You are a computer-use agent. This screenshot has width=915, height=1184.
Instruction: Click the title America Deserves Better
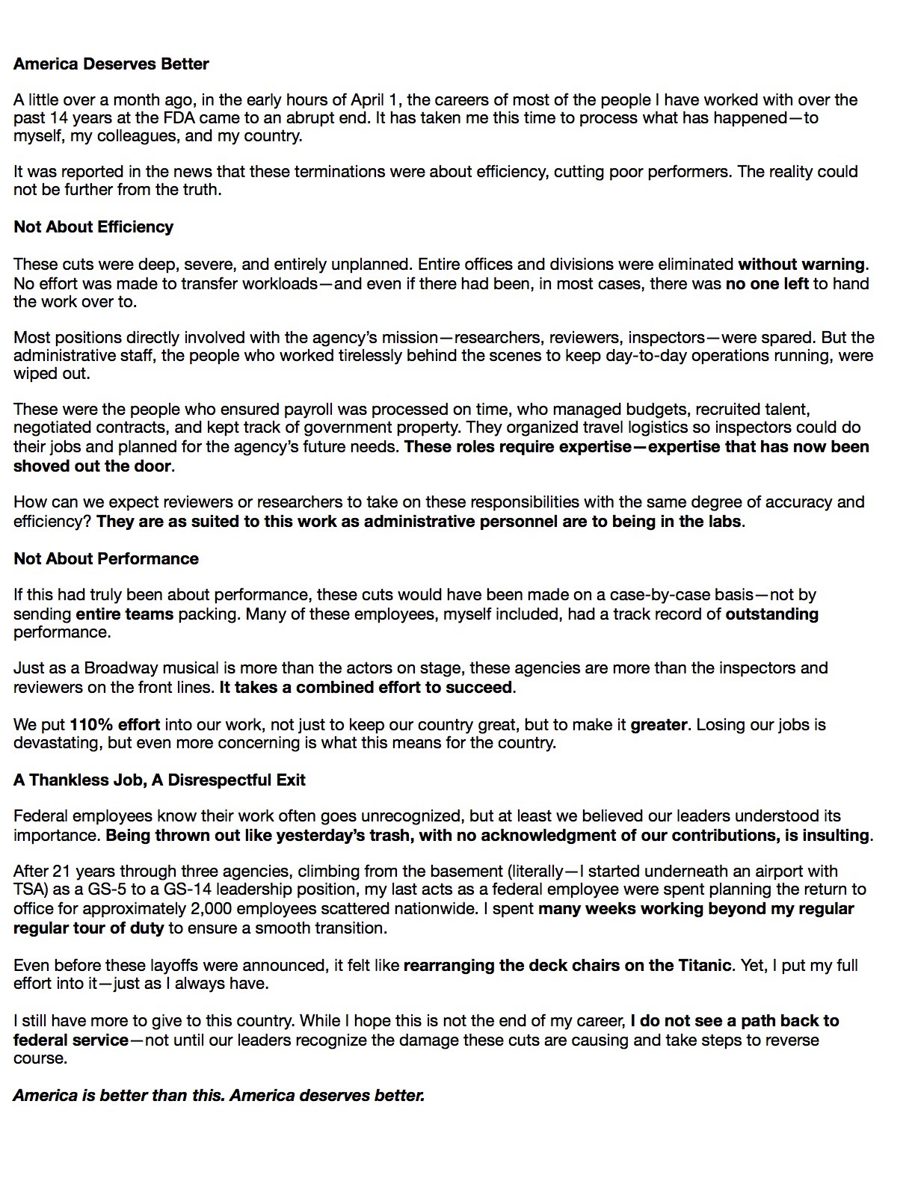click(x=111, y=64)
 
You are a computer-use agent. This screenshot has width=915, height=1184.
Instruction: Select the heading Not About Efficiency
click(x=93, y=227)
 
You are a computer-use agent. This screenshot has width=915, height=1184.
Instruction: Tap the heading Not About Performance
click(x=106, y=559)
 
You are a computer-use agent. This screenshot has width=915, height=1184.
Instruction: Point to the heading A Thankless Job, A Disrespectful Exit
click(x=159, y=780)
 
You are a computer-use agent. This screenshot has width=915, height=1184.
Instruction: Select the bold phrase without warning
click(x=801, y=265)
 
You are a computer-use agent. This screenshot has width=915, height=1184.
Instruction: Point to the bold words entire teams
click(x=125, y=614)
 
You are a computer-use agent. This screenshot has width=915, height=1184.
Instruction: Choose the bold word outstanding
click(x=771, y=614)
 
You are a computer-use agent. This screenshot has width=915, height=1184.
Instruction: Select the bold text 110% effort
click(x=114, y=725)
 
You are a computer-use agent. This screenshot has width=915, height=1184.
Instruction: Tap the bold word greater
click(x=659, y=725)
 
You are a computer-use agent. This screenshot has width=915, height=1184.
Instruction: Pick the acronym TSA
click(x=28, y=890)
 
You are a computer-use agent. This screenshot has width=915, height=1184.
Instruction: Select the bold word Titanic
click(x=703, y=966)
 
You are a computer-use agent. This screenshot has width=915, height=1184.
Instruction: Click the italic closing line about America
click(x=219, y=1096)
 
